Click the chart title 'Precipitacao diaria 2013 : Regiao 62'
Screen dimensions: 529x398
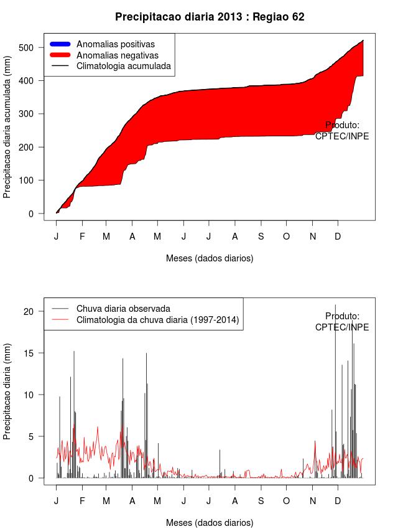coord(210,17)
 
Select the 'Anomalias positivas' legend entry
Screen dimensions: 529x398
coord(115,44)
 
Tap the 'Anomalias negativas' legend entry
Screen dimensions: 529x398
coord(117,55)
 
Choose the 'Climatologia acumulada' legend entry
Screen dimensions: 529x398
coord(123,65)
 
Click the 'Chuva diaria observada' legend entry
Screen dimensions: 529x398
coord(123,309)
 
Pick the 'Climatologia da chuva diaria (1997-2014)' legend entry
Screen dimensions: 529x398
coord(157,320)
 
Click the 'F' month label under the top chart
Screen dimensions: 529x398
coord(81,236)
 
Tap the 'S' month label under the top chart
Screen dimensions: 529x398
coord(261,236)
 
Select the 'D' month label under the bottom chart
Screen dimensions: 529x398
coord(338,501)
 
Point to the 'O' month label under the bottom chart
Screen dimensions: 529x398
coord(287,501)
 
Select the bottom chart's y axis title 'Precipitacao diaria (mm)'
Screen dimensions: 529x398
coord(7,395)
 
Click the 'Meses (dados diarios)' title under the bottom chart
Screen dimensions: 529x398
coord(210,523)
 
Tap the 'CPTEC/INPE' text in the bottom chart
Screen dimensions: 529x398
coord(342,327)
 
